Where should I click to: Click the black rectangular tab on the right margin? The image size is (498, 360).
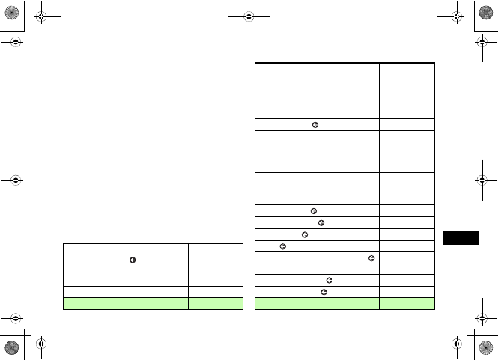pyautogui.click(x=459, y=237)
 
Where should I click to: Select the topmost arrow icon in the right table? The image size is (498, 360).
pyautogui.click(x=316, y=125)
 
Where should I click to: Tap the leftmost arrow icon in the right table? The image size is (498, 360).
pyautogui.click(x=282, y=245)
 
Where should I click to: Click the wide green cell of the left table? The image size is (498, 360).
pyautogui.click(x=125, y=303)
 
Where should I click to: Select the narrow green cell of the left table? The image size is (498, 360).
pyautogui.click(x=216, y=303)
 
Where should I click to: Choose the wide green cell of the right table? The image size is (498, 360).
pyautogui.click(x=318, y=303)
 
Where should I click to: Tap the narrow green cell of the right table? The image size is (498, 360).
pyautogui.click(x=407, y=303)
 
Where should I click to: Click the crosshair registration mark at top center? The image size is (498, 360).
pyautogui.click(x=249, y=15)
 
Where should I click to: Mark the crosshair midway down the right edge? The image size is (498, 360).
pyautogui.click(x=482, y=180)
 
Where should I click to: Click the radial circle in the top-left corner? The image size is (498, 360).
pyautogui.click(x=12, y=12)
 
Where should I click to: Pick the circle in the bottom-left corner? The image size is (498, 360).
pyautogui.click(x=12, y=348)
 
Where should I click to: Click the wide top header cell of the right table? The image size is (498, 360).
pyautogui.click(x=318, y=73)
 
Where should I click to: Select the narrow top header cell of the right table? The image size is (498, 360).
pyautogui.click(x=407, y=73)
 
